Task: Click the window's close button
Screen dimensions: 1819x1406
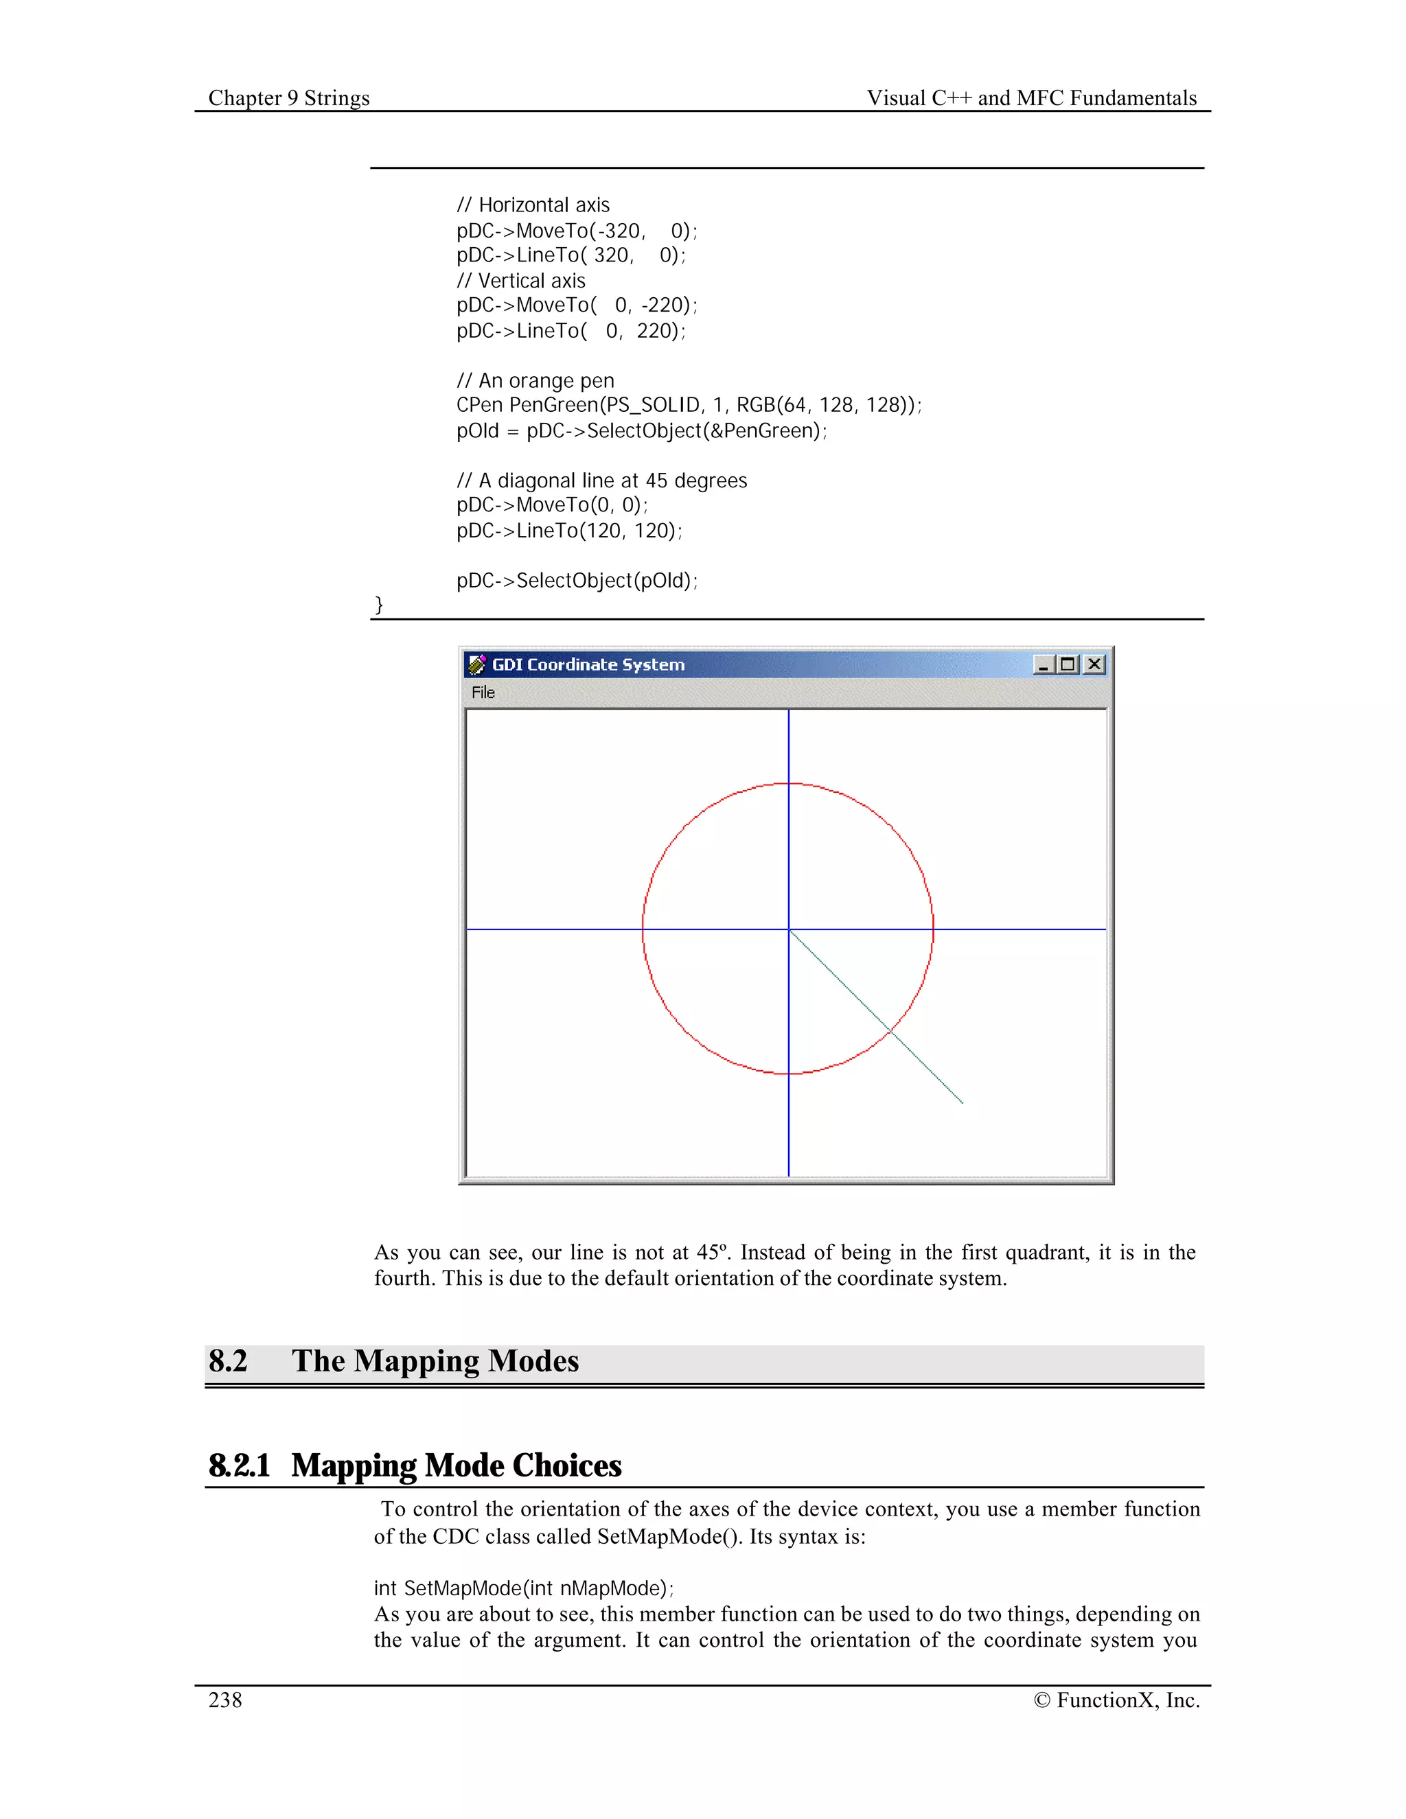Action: tap(1094, 664)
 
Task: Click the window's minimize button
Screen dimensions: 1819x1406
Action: tap(1043, 664)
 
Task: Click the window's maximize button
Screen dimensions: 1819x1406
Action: tap(1068, 664)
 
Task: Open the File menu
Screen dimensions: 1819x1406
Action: tap(483, 692)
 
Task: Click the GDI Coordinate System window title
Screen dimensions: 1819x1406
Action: tap(588, 664)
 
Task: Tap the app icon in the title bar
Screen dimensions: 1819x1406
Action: tap(477, 664)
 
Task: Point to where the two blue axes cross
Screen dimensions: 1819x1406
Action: tap(789, 929)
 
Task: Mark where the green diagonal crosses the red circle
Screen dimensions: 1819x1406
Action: tap(891, 1031)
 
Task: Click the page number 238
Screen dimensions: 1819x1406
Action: tap(225, 1700)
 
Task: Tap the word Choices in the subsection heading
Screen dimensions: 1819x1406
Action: tap(566, 1465)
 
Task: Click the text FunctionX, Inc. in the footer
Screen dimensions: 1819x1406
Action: tap(1128, 1700)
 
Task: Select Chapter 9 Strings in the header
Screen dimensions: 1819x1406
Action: tap(289, 97)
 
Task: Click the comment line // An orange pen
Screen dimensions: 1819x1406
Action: tap(535, 381)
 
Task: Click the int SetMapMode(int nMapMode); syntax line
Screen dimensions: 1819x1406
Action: tap(524, 1588)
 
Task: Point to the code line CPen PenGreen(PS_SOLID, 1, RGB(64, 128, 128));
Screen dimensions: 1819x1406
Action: tap(689, 406)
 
